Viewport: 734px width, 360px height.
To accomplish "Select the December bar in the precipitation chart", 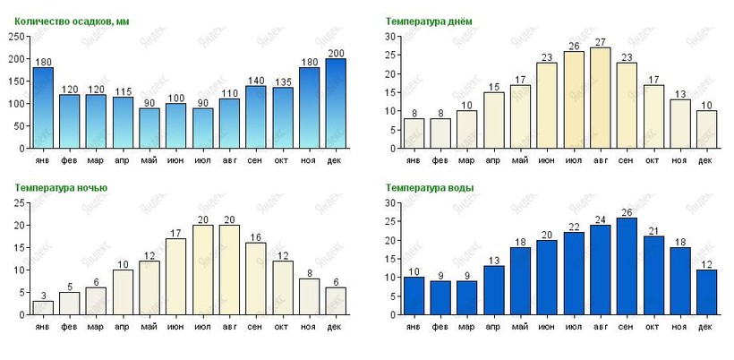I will (x=336, y=103).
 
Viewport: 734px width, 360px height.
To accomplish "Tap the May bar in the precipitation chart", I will (x=149, y=127).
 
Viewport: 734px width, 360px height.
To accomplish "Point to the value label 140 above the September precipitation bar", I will (x=256, y=80).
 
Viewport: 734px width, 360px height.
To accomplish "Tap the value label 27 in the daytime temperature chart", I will (x=600, y=42).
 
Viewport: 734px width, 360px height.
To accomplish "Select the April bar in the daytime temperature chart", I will (x=493, y=120).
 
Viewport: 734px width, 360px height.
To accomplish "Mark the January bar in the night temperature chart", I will (x=43, y=307).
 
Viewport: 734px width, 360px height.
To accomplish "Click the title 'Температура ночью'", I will (x=61, y=188).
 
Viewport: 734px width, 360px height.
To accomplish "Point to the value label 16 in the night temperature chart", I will (x=256, y=237).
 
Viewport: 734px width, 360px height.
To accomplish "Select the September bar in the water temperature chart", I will (x=626, y=266).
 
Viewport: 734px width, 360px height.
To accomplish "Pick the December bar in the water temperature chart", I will (x=705, y=292).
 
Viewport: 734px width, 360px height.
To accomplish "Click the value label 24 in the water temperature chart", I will (x=600, y=219).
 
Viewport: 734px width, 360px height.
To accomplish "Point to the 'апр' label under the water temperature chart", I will (x=493, y=327).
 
